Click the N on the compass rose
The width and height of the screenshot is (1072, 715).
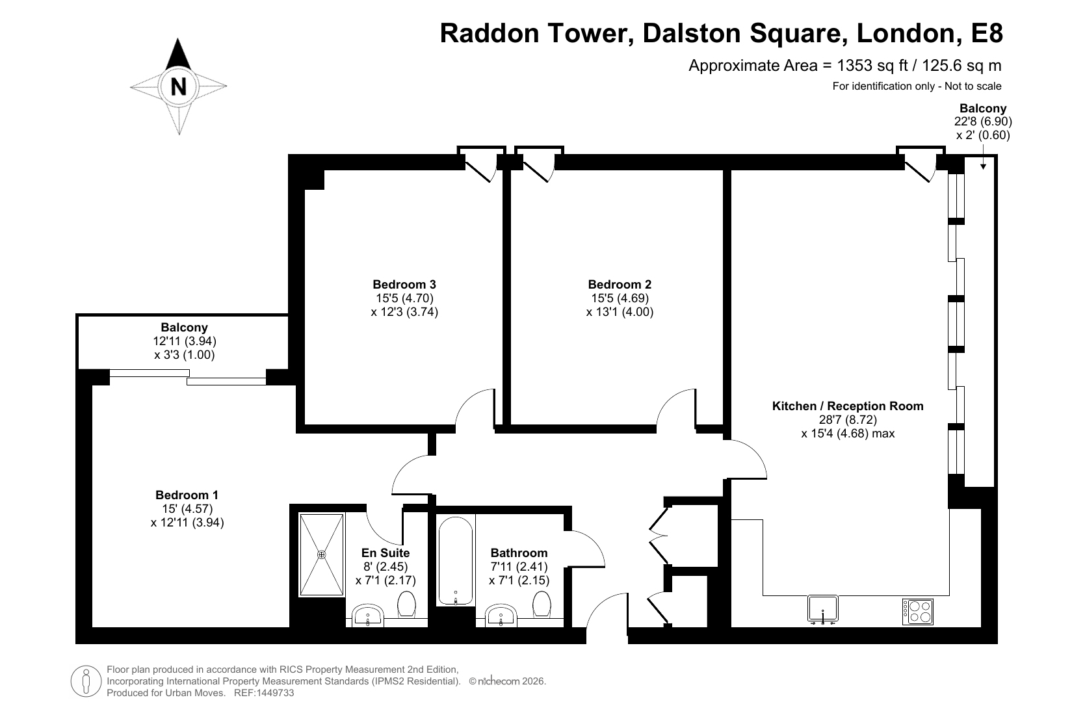coord(179,86)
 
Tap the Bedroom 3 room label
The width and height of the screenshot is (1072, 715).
coord(404,284)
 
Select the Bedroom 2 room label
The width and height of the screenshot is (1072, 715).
coord(620,284)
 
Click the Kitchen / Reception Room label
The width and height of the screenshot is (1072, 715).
coord(848,406)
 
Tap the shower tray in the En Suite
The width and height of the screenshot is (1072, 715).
coord(322,554)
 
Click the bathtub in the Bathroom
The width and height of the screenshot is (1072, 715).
coord(456,561)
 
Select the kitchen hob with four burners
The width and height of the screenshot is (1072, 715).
coord(918,612)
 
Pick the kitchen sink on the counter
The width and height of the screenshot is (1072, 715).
coord(822,609)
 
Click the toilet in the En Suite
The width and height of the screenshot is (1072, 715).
coord(407,604)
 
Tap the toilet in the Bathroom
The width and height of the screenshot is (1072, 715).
coord(542,604)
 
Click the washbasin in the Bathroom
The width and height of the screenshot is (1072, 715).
coord(501,615)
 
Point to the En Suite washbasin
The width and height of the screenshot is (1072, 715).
coord(367,615)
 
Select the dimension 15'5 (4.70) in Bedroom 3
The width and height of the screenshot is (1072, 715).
coord(404,298)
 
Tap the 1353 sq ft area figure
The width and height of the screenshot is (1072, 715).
coord(872,66)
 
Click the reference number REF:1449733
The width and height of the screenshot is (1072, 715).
coord(264,692)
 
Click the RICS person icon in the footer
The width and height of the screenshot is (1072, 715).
coord(86,681)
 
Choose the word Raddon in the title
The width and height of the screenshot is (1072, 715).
coord(489,34)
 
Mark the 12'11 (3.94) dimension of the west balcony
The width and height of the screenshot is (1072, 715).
coord(184,341)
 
